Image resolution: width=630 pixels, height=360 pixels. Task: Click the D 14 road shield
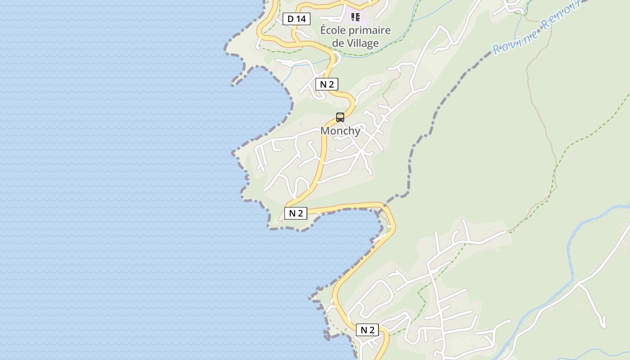(297, 19)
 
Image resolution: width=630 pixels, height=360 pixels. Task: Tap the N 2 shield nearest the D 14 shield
(327, 84)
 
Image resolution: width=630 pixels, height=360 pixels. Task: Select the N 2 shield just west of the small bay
(296, 213)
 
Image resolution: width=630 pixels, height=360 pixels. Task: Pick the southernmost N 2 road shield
(367, 330)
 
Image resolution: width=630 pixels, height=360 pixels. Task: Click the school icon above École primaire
(355, 17)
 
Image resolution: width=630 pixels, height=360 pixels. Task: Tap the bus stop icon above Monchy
(340, 117)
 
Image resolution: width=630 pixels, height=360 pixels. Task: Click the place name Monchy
(340, 131)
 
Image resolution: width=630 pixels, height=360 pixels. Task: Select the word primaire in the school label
(372, 31)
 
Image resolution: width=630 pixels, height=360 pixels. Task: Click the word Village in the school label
(362, 43)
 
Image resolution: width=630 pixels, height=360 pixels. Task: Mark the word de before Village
(337, 43)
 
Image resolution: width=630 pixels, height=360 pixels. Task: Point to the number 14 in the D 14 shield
(301, 19)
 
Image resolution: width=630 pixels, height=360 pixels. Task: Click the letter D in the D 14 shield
(290, 19)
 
